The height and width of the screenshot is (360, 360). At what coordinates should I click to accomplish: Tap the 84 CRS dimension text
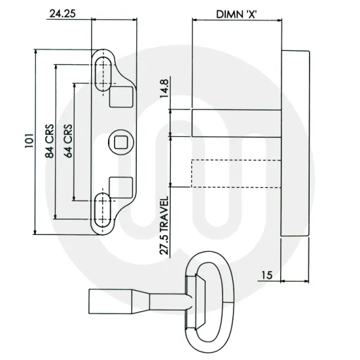[49, 143]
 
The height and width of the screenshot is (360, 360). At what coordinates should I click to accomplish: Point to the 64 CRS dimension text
[67, 143]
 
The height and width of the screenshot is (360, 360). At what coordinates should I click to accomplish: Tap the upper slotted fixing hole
[103, 71]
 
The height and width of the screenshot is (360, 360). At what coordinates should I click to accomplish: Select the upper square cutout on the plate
[119, 97]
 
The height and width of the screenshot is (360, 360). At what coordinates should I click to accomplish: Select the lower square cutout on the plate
[119, 187]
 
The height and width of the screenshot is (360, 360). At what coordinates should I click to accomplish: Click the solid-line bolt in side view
[236, 122]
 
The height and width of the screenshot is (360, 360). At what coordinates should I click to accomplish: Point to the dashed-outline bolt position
[236, 174]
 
